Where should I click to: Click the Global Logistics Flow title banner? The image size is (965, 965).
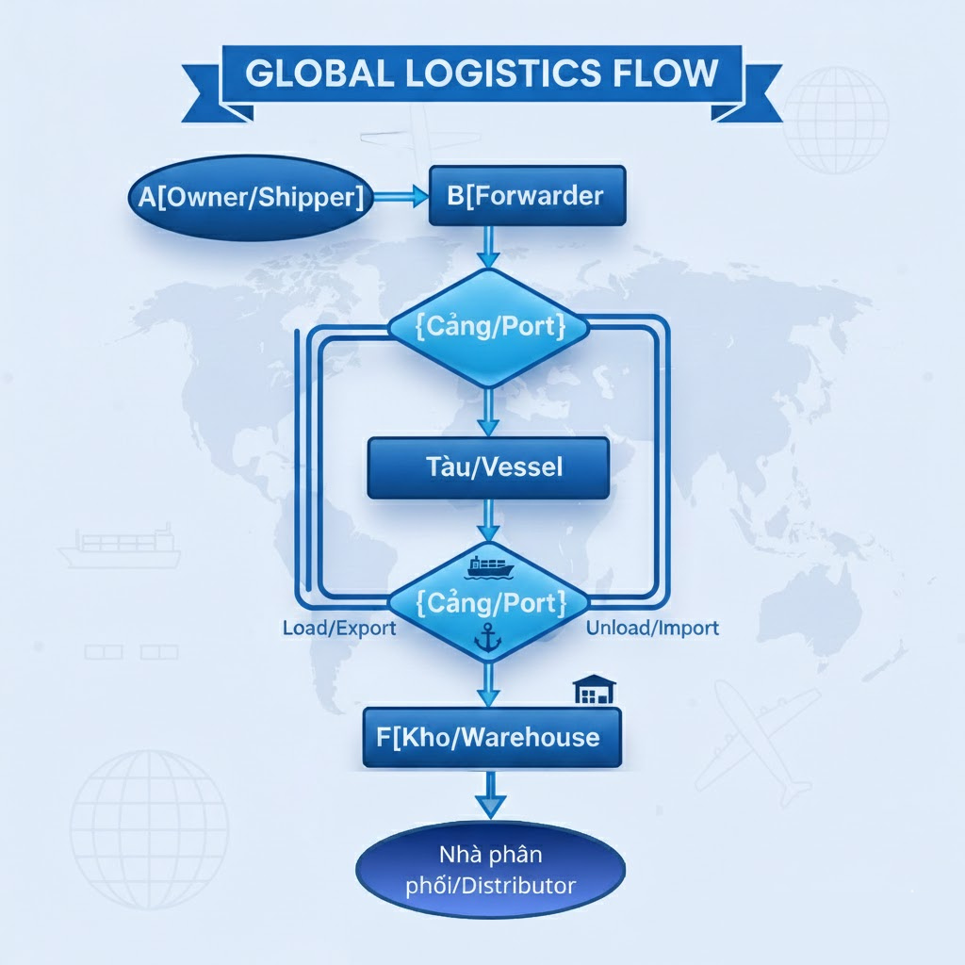coord(482,73)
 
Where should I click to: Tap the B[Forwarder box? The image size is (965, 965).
coord(527,196)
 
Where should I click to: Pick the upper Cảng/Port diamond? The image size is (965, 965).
coord(489,328)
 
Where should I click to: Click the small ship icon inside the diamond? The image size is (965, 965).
coord(489,566)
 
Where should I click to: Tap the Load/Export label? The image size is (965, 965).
coord(339,628)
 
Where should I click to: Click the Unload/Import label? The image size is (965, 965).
coord(652,628)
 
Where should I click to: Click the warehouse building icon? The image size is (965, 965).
coord(594,690)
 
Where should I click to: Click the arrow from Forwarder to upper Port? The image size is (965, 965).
coord(488,247)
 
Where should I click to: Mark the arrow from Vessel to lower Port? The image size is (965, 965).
coord(488,519)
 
